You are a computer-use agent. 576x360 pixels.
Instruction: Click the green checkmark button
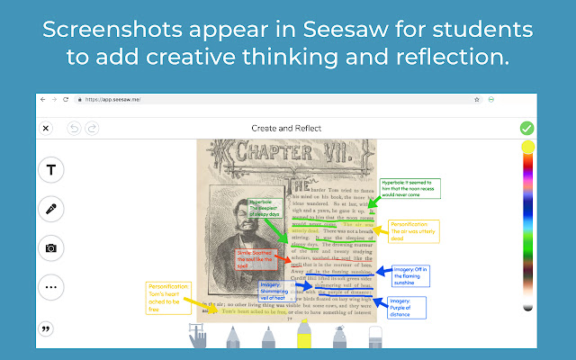click(526, 128)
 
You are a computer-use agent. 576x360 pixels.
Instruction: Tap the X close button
click(46, 129)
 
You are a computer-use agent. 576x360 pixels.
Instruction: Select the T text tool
click(50, 170)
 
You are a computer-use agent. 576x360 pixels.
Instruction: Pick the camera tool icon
click(50, 248)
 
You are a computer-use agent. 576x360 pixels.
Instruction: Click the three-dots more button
click(50, 287)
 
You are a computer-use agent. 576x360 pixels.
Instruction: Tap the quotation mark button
click(46, 328)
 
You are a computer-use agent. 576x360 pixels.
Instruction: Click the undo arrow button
click(74, 129)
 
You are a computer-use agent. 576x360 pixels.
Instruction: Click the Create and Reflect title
click(287, 129)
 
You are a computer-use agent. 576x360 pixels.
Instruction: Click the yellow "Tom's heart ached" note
click(170, 297)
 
